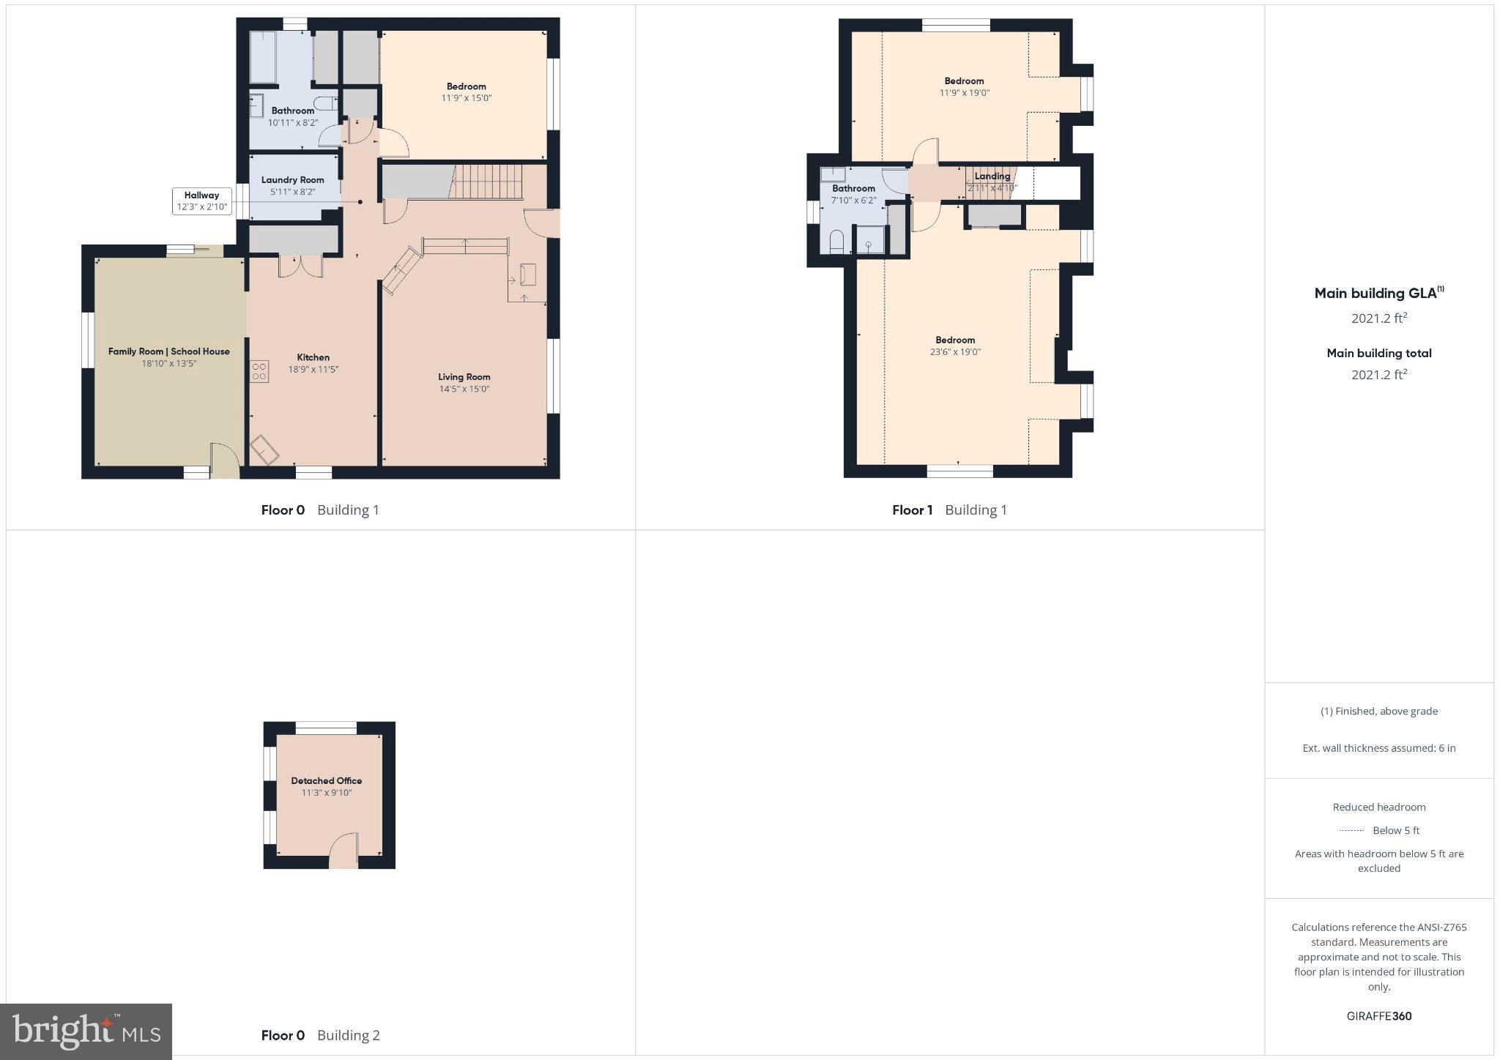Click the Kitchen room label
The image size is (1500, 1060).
[x=313, y=357]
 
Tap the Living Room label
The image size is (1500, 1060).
[x=464, y=377]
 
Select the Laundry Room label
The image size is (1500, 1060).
[x=292, y=180]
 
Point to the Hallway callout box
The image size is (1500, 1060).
[x=201, y=201]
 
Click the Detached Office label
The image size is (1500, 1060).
[x=327, y=780]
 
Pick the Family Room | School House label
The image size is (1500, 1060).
[x=169, y=351]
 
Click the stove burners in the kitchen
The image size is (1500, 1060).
[x=259, y=371]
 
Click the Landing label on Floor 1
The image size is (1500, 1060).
[x=992, y=176]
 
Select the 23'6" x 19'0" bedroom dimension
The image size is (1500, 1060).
[x=955, y=352]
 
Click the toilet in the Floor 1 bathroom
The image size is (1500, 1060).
[x=836, y=242]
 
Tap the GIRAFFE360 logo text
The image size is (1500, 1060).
[x=1378, y=1016]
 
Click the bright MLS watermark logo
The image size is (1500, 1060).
[x=86, y=1032]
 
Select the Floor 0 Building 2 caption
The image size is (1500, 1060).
[x=320, y=1035]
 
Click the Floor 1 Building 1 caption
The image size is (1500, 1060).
[x=949, y=510]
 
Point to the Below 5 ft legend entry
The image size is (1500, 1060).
[x=1379, y=830]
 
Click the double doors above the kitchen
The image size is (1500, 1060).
[x=300, y=266]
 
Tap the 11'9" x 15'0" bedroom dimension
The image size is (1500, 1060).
[x=466, y=98]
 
